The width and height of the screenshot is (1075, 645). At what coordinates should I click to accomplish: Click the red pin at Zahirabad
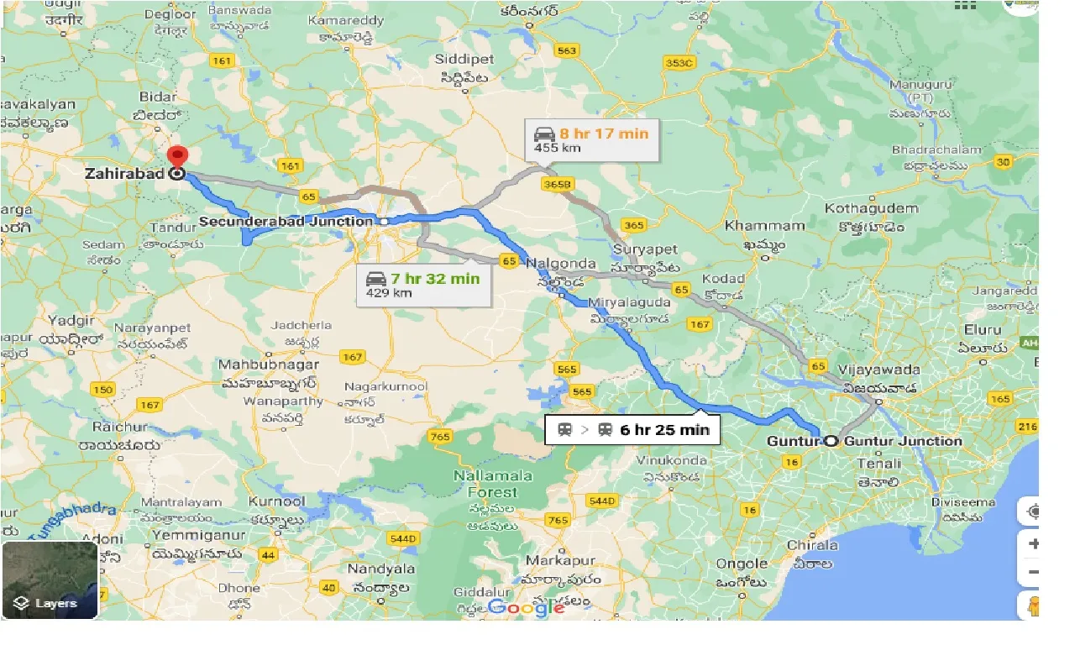click(177, 157)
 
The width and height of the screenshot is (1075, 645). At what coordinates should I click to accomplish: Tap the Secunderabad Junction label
click(286, 222)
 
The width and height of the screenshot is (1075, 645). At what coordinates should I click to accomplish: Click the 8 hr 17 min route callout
click(591, 140)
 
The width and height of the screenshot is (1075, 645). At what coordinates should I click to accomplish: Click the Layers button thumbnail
click(50, 580)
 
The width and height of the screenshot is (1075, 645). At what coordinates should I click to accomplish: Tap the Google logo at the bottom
click(527, 606)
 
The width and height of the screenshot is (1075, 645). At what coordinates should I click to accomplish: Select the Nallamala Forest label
click(493, 484)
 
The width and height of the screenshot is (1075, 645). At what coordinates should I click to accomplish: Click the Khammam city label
click(764, 226)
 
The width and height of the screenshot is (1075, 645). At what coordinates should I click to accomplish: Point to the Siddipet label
click(464, 60)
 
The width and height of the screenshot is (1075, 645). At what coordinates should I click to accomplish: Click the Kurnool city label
click(276, 501)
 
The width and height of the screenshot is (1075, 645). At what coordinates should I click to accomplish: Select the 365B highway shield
click(557, 183)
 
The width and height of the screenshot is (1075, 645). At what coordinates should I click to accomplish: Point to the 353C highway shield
click(679, 63)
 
